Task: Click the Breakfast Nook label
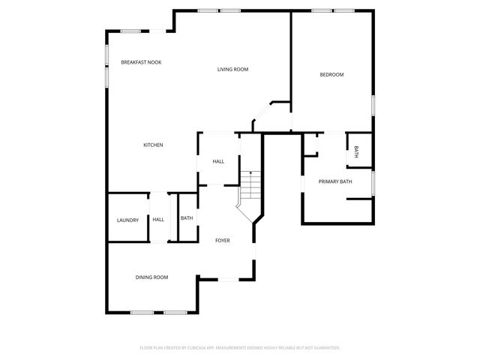point(141,62)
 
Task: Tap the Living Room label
point(232,70)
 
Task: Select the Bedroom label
point(331,74)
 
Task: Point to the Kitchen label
point(154,145)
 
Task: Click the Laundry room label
point(127,220)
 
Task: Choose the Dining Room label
point(151,277)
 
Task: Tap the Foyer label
point(223,241)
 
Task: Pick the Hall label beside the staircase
point(218,161)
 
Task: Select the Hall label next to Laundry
point(158,220)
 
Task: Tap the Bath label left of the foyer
point(187,218)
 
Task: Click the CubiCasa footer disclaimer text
point(240,348)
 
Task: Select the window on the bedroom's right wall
point(373,104)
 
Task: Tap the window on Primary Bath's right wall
point(373,182)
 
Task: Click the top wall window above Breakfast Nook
point(131,31)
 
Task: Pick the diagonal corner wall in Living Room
point(260,113)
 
